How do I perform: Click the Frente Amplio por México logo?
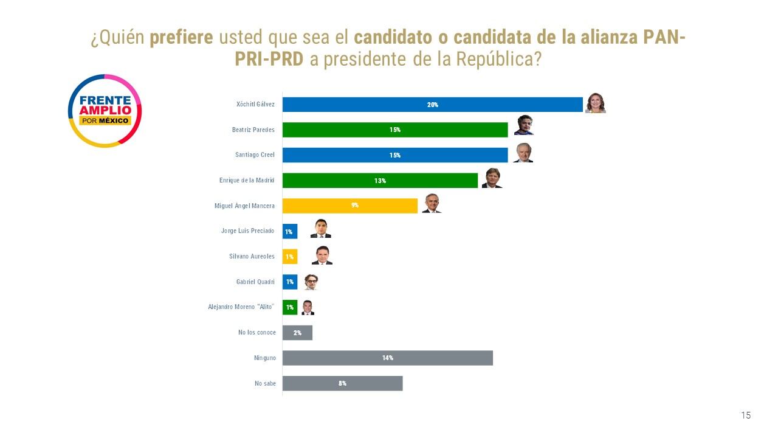tap(105, 111)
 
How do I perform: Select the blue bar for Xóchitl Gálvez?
tap(432, 105)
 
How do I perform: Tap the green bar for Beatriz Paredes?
tap(395, 130)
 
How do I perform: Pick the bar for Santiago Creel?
tap(395, 155)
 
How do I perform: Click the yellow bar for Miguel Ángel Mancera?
tap(350, 206)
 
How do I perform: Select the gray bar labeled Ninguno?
tap(387, 358)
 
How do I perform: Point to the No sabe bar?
tap(342, 383)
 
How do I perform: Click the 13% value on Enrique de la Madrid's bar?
tap(380, 181)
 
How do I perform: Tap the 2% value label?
tap(297, 333)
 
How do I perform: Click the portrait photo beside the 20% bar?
tap(596, 104)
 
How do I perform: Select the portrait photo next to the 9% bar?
tap(431, 204)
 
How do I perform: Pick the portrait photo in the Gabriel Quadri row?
tap(311, 281)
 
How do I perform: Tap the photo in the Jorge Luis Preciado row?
tap(320, 229)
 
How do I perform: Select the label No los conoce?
tap(257, 333)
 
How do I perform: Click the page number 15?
tap(746, 415)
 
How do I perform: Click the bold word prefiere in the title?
tap(181, 38)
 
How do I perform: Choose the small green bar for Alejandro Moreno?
tap(290, 307)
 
